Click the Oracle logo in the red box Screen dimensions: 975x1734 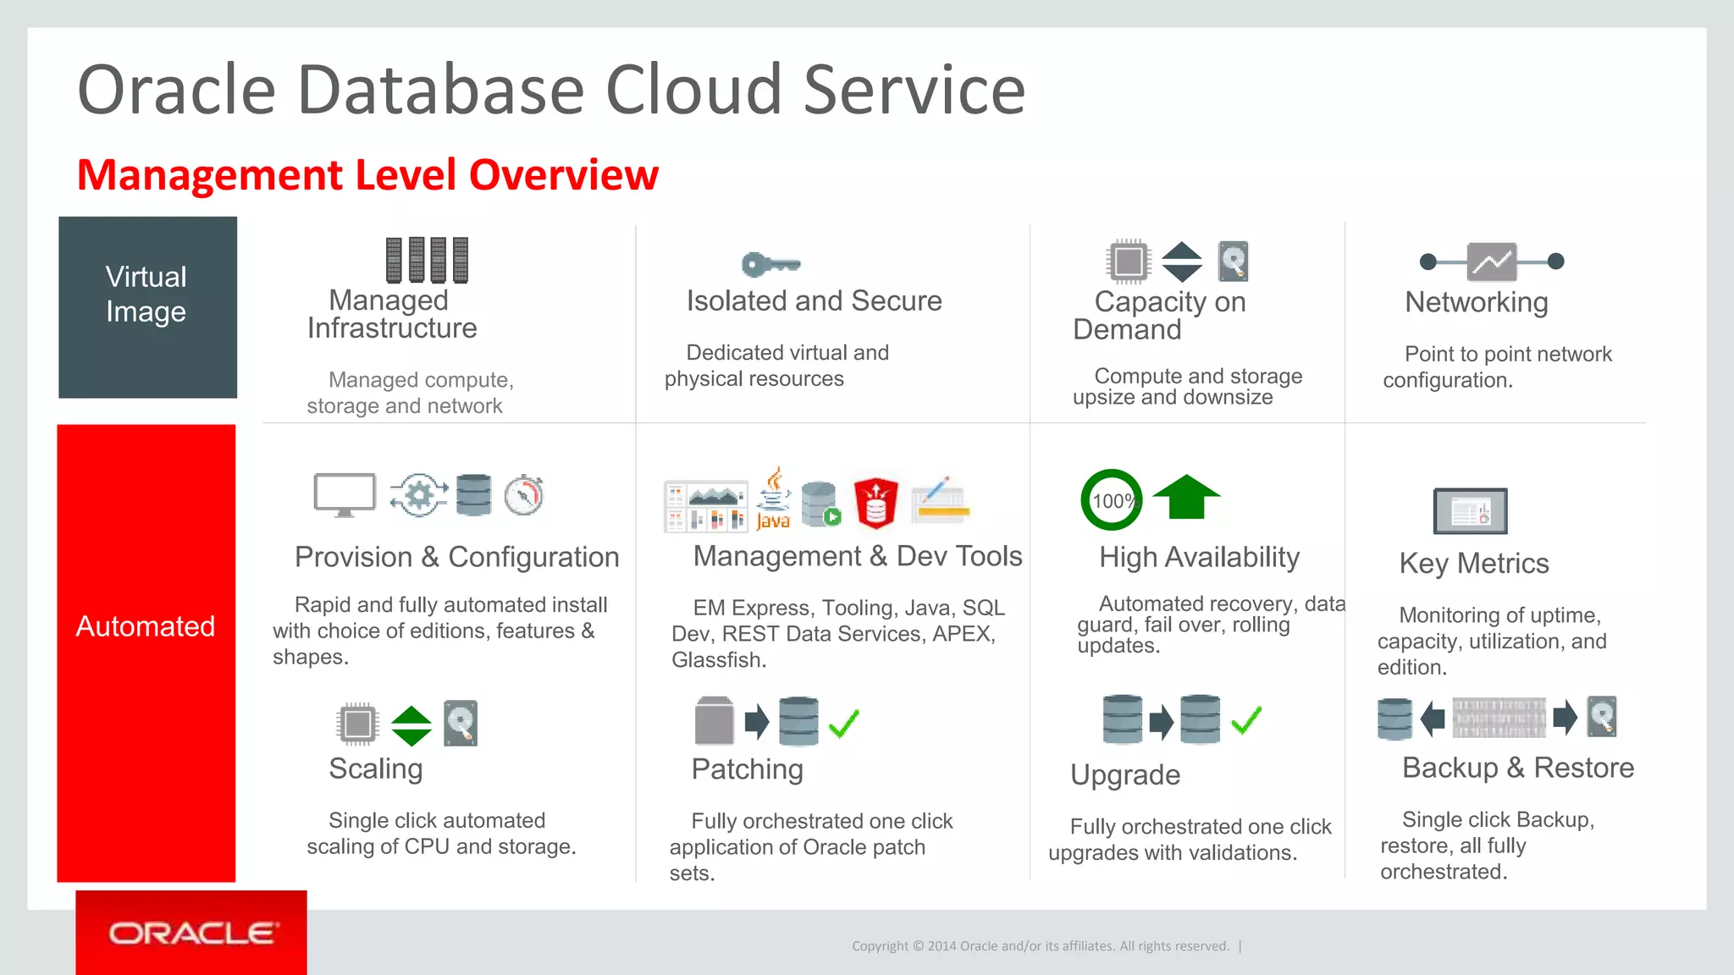(191, 934)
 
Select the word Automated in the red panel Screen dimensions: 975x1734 (146, 626)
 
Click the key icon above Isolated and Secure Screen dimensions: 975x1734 (770, 265)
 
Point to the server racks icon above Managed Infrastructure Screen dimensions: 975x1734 (427, 260)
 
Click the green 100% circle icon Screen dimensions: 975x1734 (1112, 500)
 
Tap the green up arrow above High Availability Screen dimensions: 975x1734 (1186, 497)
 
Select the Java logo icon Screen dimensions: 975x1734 (773, 499)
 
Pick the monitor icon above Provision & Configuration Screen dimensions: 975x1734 (345, 494)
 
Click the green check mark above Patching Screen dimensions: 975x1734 (844, 724)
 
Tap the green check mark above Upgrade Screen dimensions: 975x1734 (1246, 720)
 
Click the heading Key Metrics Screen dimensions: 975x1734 (1473, 564)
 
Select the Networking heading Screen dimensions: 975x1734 (1476, 302)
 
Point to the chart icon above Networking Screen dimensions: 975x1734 (1492, 262)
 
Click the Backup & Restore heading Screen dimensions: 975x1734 (1517, 768)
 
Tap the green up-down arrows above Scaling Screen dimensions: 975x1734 (411, 725)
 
